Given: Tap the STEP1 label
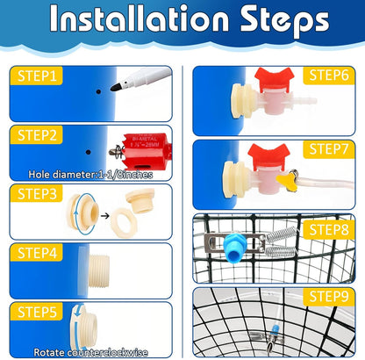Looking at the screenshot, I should coord(38,76).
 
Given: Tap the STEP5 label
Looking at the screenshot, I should coord(38,312).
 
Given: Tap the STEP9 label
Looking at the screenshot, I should coord(327,297).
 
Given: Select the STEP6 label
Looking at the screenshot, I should coord(327,76).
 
